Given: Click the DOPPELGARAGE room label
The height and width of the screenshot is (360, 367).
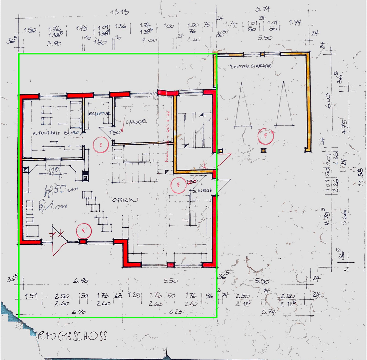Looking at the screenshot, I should point(251,66).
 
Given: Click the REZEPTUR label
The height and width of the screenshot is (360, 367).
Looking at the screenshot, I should point(99,114).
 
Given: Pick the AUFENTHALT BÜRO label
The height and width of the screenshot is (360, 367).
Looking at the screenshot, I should point(56,133).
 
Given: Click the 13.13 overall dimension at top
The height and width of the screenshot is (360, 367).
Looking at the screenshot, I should point(120,12).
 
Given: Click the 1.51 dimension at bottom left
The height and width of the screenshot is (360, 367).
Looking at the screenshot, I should point(31,296).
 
